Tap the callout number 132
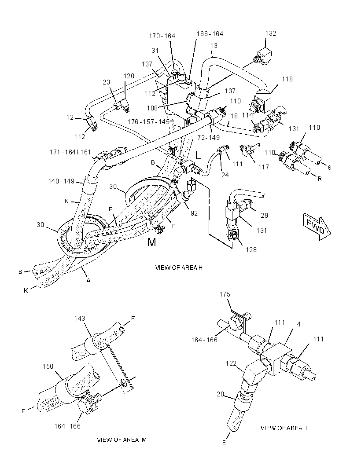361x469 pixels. pos(270,33)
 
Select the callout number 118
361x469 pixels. pos(287,79)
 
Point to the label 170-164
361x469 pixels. pos(162,36)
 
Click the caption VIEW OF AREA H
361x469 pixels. pos(179,267)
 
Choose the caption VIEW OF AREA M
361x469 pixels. pos(122,440)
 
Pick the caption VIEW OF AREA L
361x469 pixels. pos(284,428)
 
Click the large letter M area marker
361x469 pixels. pos(152,242)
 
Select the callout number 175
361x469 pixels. pos(225,294)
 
